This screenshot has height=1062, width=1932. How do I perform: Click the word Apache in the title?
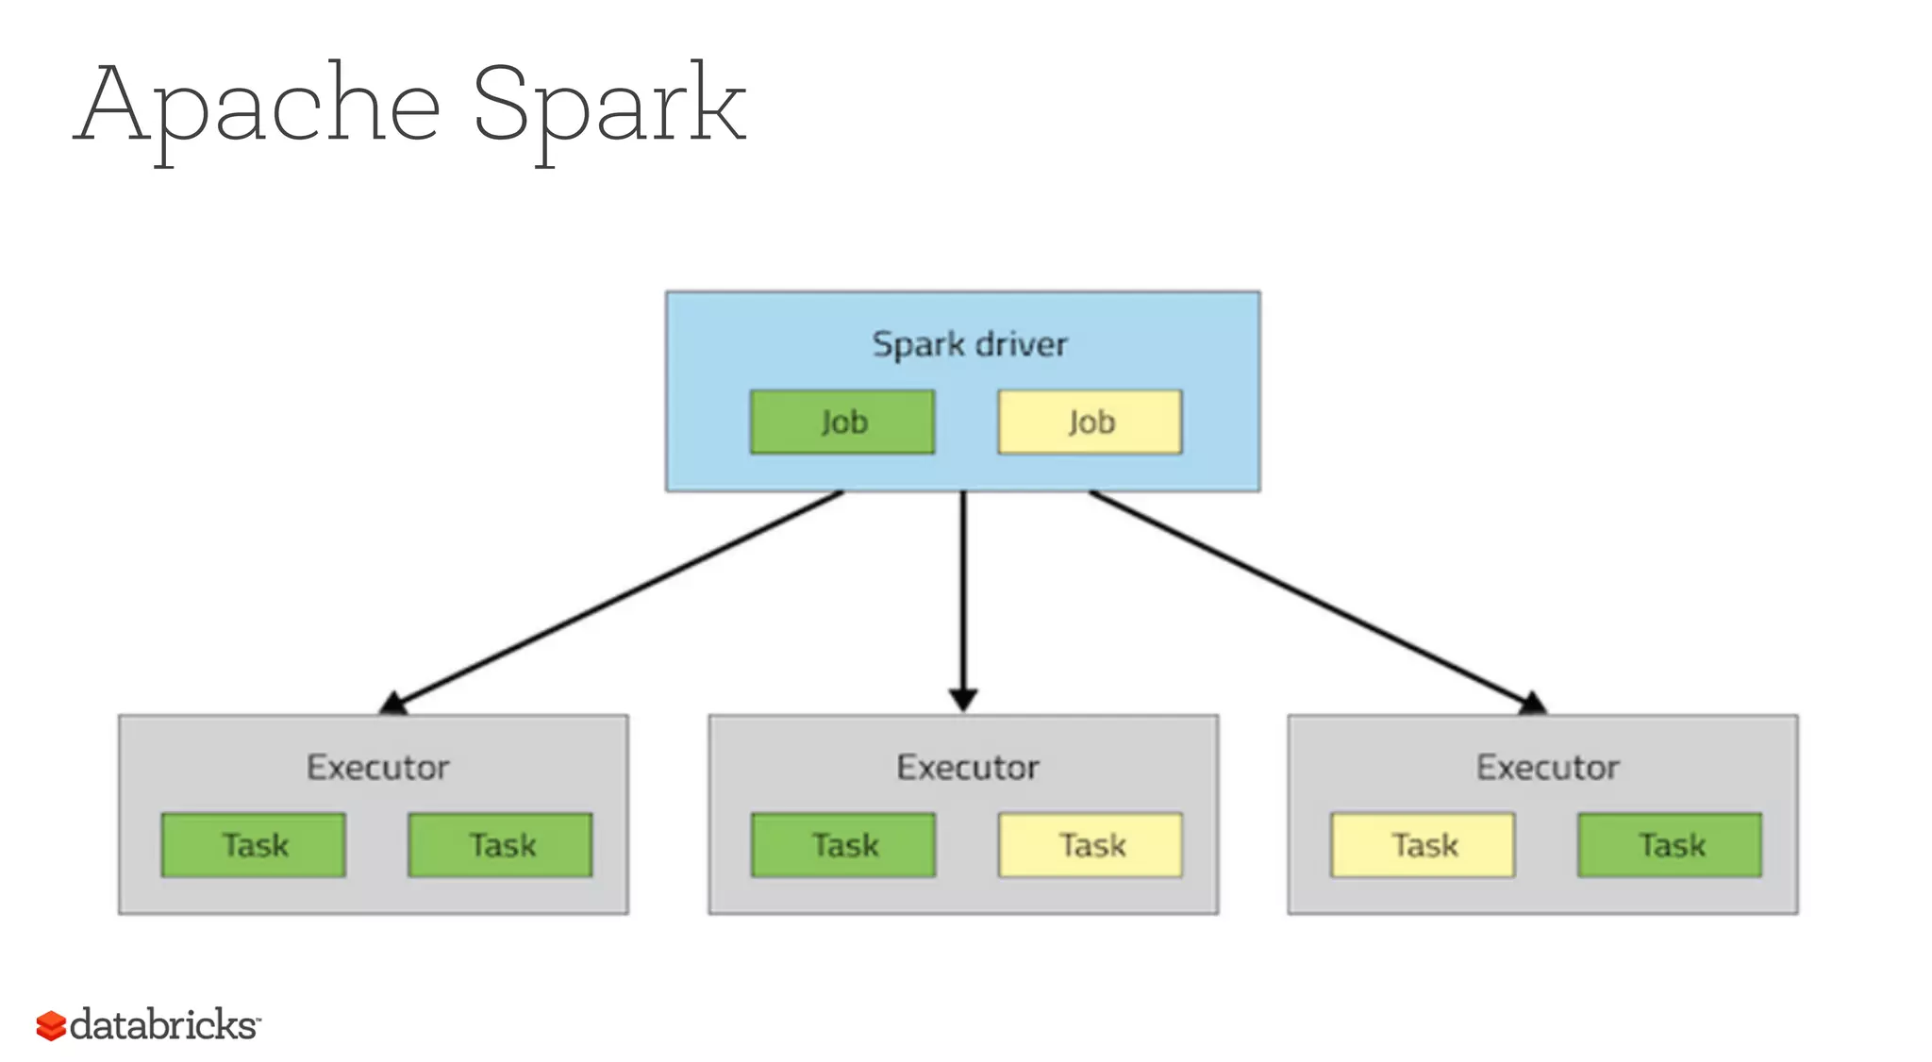257,106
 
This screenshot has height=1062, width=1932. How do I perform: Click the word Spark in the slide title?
608,106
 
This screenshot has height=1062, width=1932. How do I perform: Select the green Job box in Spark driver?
842,422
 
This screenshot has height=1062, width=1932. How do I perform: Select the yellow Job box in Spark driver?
1090,422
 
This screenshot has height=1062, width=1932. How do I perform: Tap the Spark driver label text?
969,344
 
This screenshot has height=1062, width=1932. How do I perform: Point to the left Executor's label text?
377,767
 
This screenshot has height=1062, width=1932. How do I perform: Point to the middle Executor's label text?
967,767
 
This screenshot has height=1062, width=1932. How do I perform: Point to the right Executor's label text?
1547,767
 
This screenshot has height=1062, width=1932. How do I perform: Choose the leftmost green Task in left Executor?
253,845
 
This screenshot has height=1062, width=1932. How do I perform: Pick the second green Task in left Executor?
500,845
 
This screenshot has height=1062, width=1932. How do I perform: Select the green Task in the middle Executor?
843,845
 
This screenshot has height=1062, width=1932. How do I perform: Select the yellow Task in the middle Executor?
1091,845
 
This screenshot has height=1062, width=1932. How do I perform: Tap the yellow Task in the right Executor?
1423,845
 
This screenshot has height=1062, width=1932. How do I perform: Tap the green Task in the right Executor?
1670,845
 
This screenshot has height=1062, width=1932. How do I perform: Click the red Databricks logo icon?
51,1025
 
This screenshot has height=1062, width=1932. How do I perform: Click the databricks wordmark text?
164,1024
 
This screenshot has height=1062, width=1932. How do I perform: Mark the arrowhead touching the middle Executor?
963,701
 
